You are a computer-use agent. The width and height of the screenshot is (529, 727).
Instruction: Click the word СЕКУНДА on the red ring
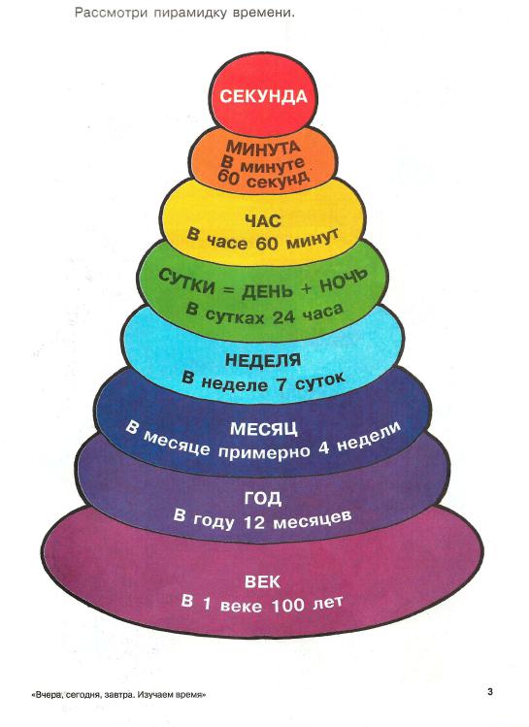pos(263,96)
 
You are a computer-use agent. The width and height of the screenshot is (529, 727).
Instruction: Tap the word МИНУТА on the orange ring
pos(263,148)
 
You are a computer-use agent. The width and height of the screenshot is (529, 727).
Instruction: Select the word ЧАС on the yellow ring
pos(263,220)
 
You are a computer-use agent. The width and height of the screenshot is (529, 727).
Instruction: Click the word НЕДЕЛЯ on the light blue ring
pos(263,360)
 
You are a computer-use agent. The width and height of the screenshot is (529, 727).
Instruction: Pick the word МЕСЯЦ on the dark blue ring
pos(263,429)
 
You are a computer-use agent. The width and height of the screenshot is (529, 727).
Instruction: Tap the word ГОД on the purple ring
pos(263,499)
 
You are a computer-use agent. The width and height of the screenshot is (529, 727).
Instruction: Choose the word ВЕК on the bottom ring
pos(262,581)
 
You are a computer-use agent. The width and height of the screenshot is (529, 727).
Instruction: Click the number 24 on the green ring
pos(283,317)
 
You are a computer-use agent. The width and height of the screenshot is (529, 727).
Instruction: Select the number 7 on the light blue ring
pos(281,385)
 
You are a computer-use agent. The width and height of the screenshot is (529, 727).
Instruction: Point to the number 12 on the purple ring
pos(254,522)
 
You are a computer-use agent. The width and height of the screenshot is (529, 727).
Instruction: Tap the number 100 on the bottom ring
pos(288,605)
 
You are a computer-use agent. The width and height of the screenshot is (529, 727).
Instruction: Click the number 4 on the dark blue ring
pos(324,448)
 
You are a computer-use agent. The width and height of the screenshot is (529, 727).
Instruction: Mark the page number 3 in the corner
pos(490,692)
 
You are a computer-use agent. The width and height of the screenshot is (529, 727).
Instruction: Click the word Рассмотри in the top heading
pos(112,13)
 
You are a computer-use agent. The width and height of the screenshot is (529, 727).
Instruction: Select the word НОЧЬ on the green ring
pos(344,281)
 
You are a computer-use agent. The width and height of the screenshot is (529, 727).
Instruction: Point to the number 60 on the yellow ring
pos(267,244)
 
